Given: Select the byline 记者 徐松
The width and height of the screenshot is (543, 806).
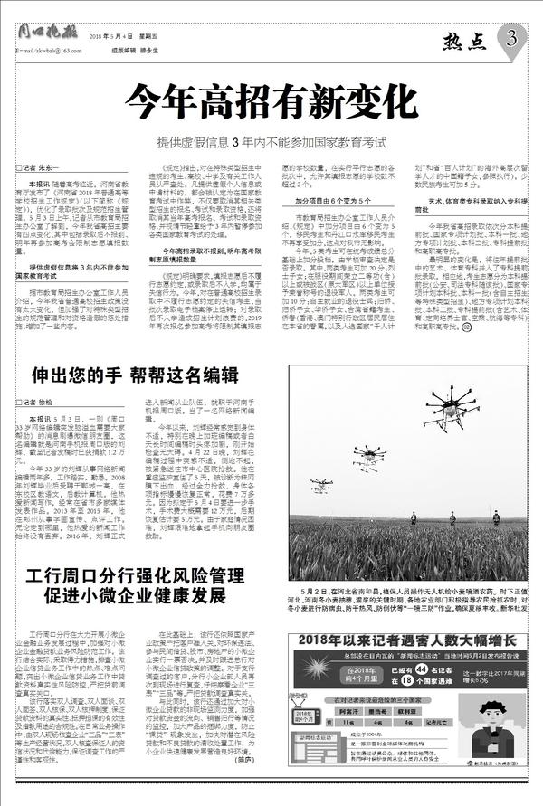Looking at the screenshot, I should coord(41,401).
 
